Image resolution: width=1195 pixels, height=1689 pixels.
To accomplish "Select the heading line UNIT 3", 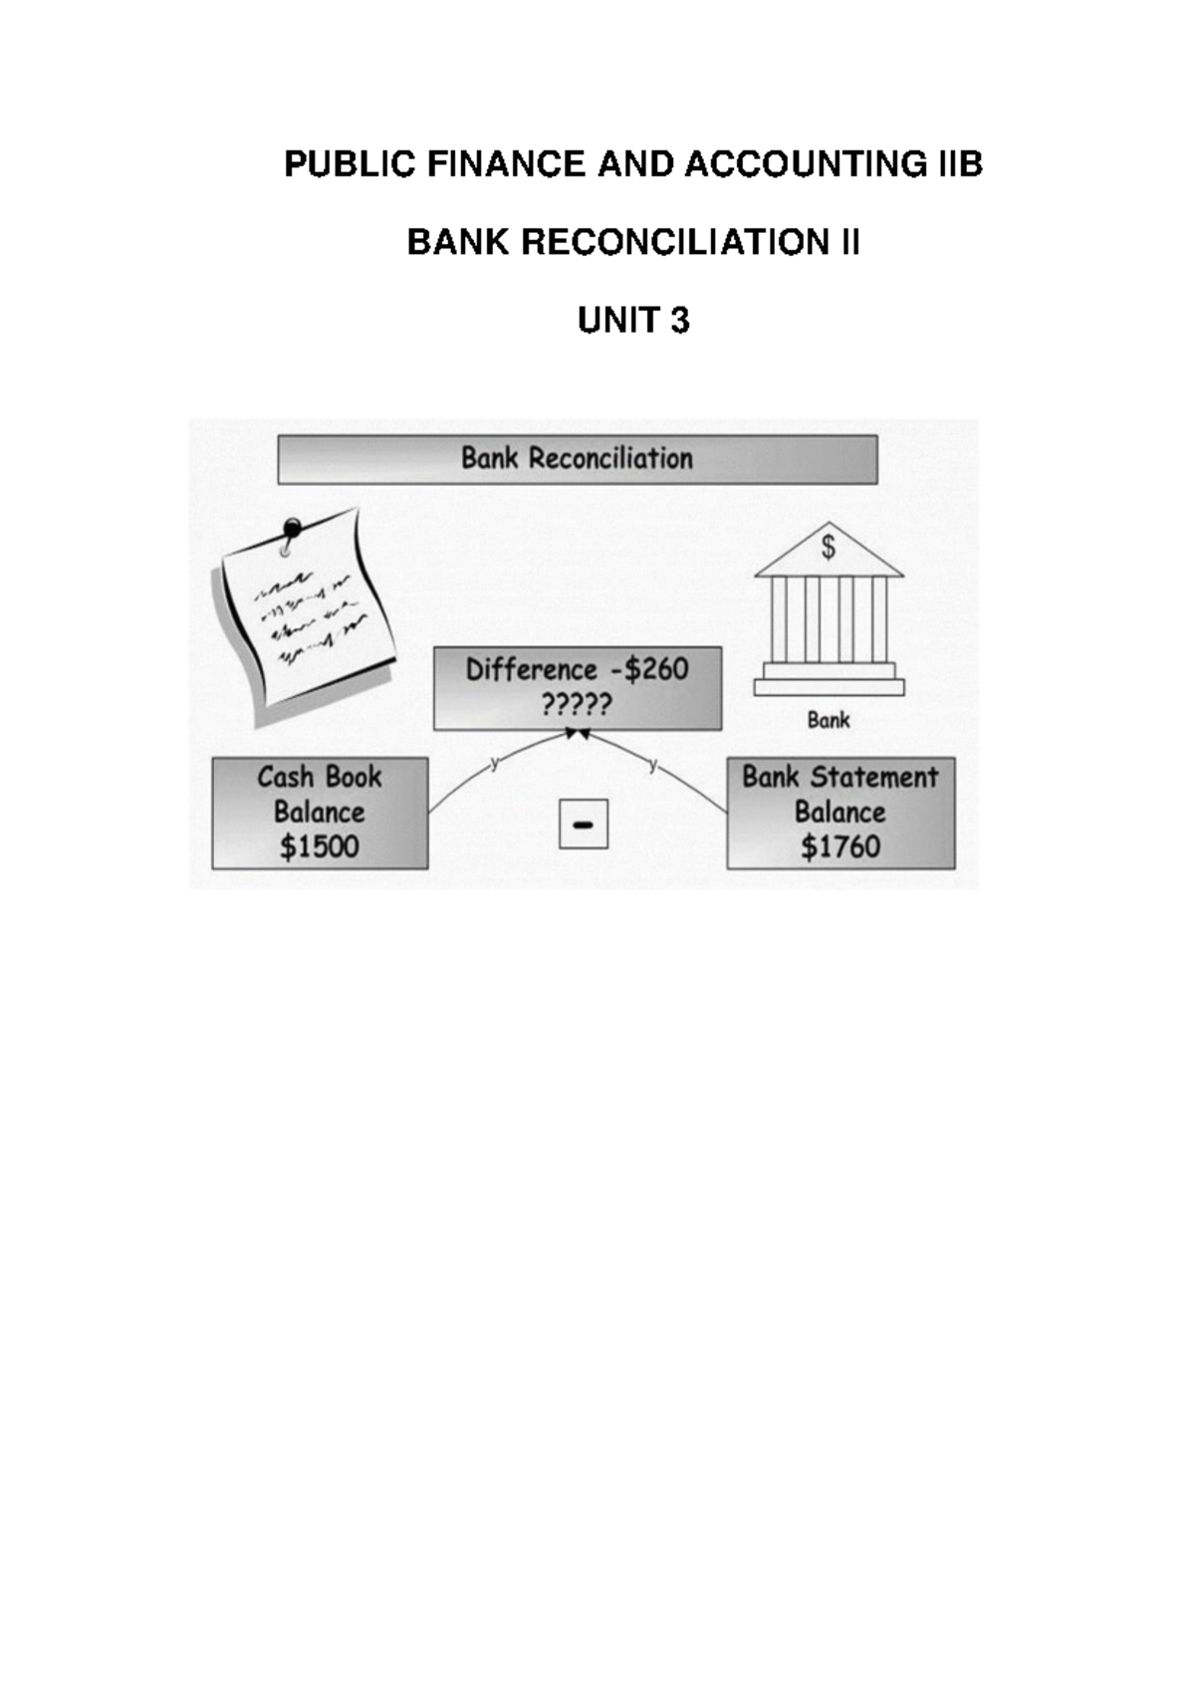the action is pyautogui.click(x=633, y=321).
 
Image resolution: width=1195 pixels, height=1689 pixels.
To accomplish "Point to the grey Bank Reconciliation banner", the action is pyautogui.click(x=578, y=459).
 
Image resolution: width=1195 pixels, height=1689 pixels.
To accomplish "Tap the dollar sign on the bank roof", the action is pyautogui.click(x=829, y=547).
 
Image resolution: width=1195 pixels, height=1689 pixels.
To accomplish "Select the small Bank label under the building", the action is pyautogui.click(x=829, y=720).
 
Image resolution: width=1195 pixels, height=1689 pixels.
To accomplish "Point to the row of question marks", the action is pyautogui.click(x=577, y=705).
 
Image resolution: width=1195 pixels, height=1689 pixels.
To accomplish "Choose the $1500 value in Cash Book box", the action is pyautogui.click(x=320, y=846).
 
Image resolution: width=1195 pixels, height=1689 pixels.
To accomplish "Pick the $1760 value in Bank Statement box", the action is pyautogui.click(x=840, y=846).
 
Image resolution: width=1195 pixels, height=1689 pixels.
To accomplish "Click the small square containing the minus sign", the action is pyautogui.click(x=584, y=824).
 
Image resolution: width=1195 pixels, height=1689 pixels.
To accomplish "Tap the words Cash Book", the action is pyautogui.click(x=320, y=777).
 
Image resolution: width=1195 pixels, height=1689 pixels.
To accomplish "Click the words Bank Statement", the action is pyautogui.click(x=840, y=777).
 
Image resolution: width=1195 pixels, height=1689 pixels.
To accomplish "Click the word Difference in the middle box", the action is pyautogui.click(x=532, y=669).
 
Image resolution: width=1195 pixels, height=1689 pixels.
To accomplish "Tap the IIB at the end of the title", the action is pyautogui.click(x=961, y=164).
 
